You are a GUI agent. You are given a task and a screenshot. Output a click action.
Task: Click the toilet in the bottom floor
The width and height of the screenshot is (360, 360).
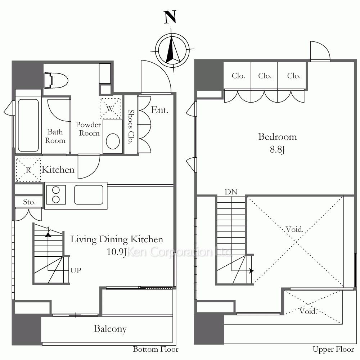(x=56, y=80)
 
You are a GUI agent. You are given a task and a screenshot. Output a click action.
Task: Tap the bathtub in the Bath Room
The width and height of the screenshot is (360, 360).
(x=28, y=125)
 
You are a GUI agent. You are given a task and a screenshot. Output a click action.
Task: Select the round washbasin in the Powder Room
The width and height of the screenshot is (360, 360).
(x=113, y=141)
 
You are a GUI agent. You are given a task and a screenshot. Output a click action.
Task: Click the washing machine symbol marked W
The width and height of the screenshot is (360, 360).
(x=110, y=108)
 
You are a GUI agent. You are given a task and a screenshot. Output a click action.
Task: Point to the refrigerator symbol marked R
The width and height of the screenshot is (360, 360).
(x=28, y=170)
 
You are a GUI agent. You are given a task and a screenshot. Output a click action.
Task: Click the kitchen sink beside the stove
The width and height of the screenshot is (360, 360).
(x=89, y=194)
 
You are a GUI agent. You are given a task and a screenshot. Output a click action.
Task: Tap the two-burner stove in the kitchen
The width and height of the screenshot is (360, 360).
(x=56, y=195)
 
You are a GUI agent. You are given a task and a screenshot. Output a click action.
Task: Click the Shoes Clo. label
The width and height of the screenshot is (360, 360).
(x=131, y=126)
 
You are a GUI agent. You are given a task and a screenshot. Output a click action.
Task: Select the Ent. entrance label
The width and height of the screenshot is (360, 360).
(x=160, y=110)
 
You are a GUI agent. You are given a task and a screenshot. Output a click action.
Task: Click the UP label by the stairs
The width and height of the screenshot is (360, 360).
(x=76, y=270)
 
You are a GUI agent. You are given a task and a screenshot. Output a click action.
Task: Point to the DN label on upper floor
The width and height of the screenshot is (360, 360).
(x=231, y=192)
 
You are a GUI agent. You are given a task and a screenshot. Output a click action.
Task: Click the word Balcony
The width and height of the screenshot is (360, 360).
(x=110, y=329)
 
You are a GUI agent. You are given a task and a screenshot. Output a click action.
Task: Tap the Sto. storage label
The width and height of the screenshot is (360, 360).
(x=30, y=202)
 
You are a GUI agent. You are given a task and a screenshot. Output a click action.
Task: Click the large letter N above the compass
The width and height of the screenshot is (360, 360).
(x=170, y=17)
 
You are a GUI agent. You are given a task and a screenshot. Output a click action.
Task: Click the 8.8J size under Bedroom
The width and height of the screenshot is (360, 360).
(x=277, y=150)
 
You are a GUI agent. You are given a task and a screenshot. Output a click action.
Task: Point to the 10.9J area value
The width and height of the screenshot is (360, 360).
(x=117, y=252)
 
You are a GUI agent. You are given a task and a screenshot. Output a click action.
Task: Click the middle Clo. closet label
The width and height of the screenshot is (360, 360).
(x=265, y=76)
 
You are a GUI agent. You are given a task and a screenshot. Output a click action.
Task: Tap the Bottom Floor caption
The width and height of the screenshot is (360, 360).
(x=156, y=349)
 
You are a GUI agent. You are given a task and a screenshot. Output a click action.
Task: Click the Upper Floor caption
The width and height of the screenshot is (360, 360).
(x=333, y=350)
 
